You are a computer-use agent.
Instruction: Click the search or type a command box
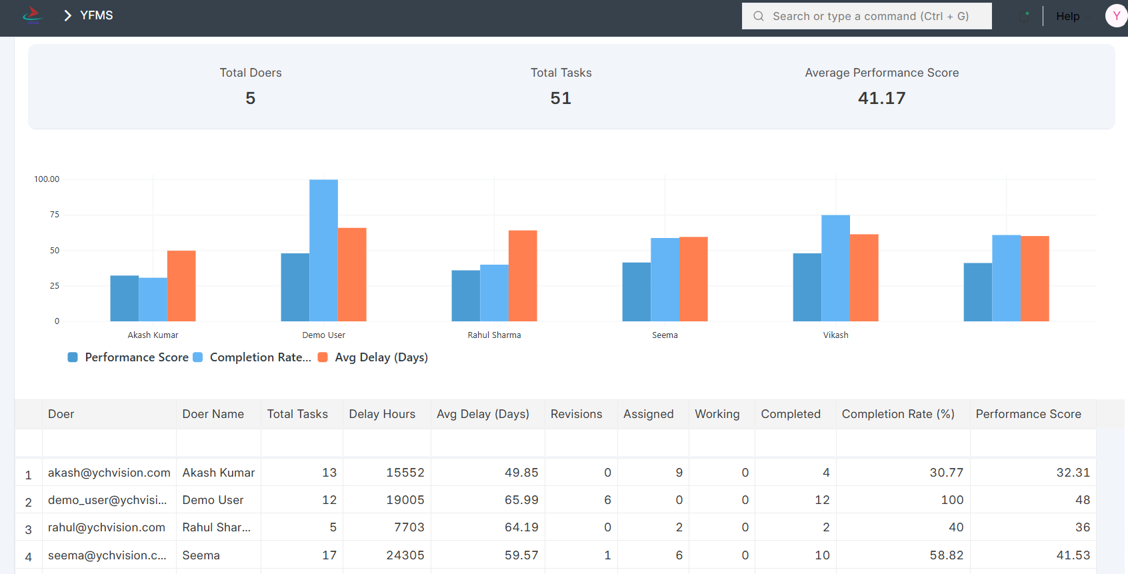coord(867,16)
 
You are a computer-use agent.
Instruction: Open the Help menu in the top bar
coord(1067,16)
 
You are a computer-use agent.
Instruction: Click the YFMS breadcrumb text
coord(97,15)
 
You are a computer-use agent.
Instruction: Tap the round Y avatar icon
coord(1116,16)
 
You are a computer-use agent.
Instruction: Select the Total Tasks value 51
coord(561,98)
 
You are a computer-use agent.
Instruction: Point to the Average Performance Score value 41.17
coord(881,98)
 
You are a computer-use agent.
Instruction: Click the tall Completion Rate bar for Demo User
coord(323,250)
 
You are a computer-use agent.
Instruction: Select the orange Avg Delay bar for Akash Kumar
coord(181,286)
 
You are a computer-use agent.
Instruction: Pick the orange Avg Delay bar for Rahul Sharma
coord(523,276)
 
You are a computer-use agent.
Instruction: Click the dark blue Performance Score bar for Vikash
coord(807,287)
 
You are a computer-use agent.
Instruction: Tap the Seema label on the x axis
coord(665,335)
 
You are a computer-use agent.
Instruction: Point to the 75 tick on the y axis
coord(55,215)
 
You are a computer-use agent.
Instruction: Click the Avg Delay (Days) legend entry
coord(381,357)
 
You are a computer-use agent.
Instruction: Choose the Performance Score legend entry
coord(136,357)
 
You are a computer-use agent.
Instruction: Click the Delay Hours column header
coord(382,414)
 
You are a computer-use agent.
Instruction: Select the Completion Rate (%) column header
coord(898,414)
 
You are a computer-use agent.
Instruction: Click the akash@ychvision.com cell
coord(109,473)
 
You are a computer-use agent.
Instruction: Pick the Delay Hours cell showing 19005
coord(405,500)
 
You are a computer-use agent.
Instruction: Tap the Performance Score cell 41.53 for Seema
coord(1073,555)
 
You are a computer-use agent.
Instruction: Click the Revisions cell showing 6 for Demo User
coord(607,500)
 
